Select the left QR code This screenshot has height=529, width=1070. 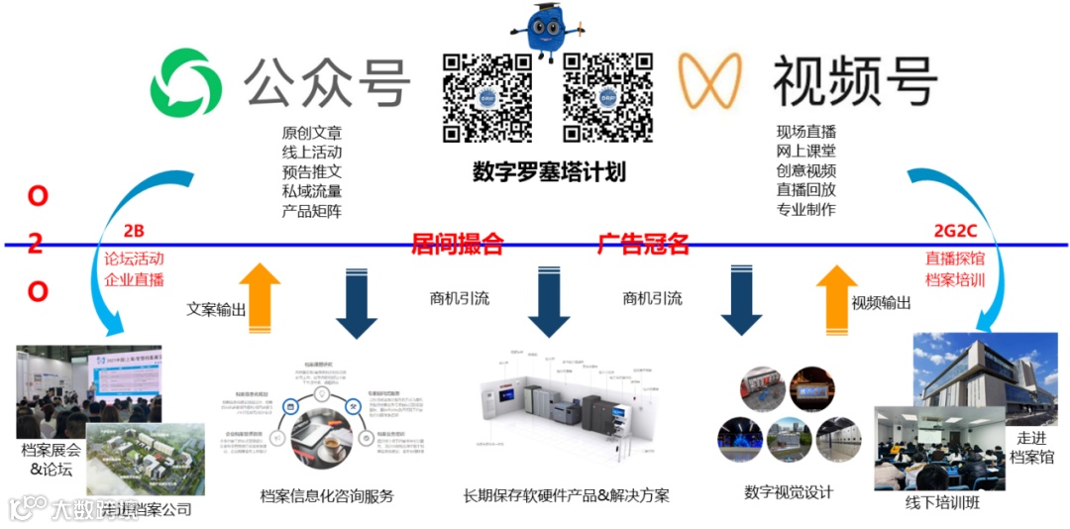tap(487, 97)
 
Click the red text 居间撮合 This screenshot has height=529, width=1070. tap(458, 244)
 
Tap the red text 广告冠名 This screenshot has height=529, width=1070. tap(644, 244)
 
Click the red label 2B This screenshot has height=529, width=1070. tap(134, 232)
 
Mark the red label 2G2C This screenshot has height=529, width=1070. tap(954, 232)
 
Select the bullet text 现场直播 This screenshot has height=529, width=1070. tap(805, 131)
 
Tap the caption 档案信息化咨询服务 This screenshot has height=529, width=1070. tap(326, 495)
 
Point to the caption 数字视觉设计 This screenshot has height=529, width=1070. tap(789, 491)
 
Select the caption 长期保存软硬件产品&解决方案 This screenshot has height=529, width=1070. tap(566, 495)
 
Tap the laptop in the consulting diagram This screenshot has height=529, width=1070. tap(325, 436)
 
